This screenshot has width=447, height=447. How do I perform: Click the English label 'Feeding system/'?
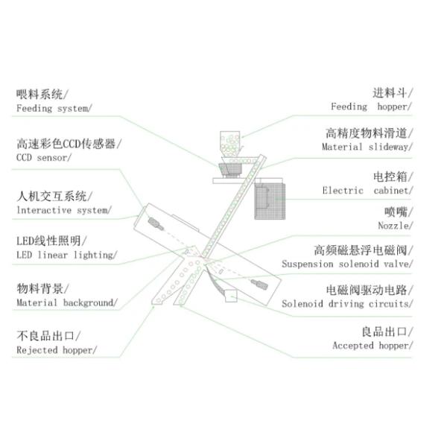pos(54,108)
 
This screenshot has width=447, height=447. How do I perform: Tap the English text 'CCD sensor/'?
pos(44,158)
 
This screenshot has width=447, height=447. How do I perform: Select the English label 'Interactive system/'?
pos(63,210)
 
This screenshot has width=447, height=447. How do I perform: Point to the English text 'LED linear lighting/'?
pos(66,255)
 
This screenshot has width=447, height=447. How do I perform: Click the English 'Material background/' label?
pos(66,302)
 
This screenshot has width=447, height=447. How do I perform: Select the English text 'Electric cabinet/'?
pos(369,191)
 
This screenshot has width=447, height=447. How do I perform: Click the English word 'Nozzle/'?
pos(396,225)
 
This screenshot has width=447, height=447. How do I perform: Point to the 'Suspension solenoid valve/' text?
pos(348,264)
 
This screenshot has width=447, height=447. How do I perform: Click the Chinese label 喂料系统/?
pos(41,95)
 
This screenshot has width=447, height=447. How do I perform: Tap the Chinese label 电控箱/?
pos(393,177)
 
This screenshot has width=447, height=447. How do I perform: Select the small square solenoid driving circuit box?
pos(232,297)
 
